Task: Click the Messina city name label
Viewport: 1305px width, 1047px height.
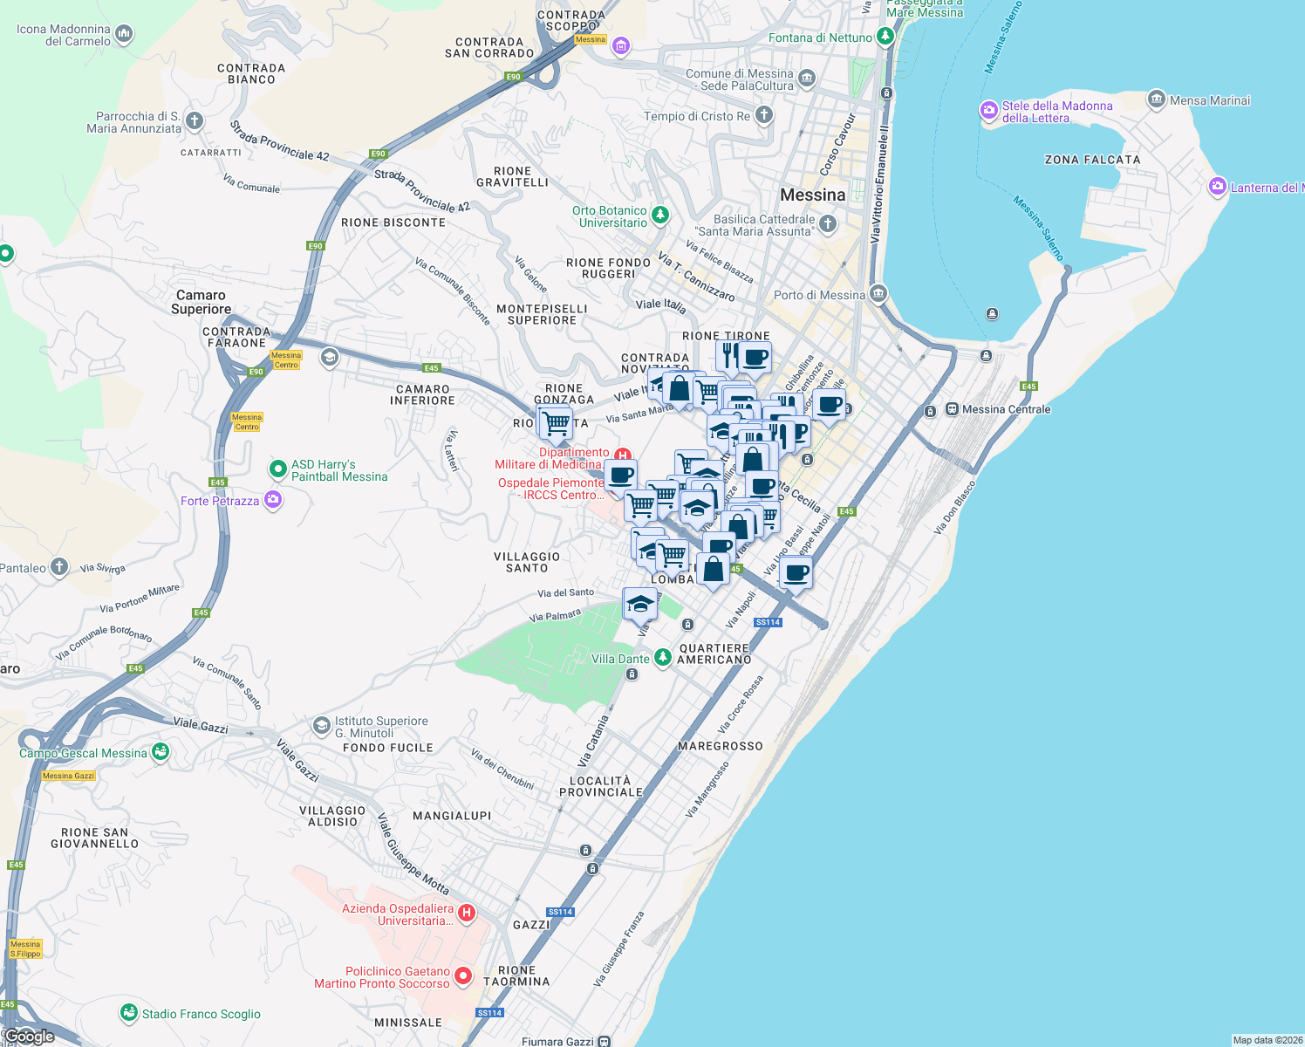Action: pos(812,195)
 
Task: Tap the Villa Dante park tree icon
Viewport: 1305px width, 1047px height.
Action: pos(663,657)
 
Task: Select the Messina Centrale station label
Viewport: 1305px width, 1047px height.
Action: pos(1006,409)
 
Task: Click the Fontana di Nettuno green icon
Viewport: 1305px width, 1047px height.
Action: pos(885,37)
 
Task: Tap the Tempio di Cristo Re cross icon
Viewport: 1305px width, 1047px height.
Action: pos(763,115)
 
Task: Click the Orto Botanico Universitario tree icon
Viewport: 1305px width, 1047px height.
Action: pos(660,215)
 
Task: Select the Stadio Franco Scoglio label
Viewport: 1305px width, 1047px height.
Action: pos(201,1014)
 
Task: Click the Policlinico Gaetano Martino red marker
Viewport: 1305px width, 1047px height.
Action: pos(463,976)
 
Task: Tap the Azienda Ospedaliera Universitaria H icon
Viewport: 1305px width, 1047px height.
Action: pos(467,913)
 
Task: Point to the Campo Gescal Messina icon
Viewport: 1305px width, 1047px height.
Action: pos(160,751)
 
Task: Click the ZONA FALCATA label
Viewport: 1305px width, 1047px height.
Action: pos(1092,160)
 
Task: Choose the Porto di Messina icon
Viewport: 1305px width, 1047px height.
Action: pos(878,293)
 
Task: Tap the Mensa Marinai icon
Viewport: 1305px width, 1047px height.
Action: pos(1157,99)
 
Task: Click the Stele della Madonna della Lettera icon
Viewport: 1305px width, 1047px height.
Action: pos(988,110)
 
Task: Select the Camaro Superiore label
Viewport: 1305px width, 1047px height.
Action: pos(202,302)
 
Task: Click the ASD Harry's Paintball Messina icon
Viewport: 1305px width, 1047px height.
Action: pos(278,469)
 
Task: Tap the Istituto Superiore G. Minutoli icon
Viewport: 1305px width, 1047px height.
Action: pos(322,725)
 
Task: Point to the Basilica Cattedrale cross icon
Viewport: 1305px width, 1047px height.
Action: pos(828,224)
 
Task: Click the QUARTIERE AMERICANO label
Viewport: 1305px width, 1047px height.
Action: pos(714,654)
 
